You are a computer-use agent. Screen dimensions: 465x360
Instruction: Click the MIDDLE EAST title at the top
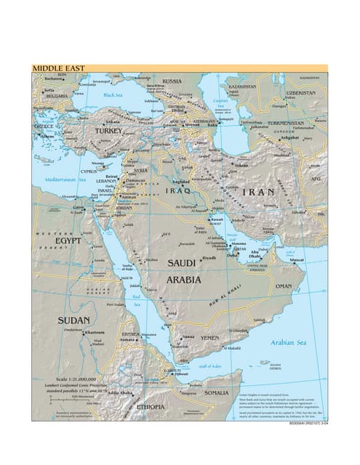(58, 68)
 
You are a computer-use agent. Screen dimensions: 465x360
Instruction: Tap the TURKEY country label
(109, 131)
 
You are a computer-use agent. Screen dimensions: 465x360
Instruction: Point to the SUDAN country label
(73, 320)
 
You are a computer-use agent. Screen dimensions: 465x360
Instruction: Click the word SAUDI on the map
(182, 262)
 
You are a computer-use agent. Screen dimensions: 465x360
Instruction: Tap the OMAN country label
(284, 286)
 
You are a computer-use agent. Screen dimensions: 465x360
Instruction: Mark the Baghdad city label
(182, 182)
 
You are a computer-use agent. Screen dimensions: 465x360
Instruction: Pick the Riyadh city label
(209, 258)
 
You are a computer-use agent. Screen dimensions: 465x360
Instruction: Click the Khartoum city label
(96, 333)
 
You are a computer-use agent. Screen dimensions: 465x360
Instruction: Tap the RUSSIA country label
(172, 81)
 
